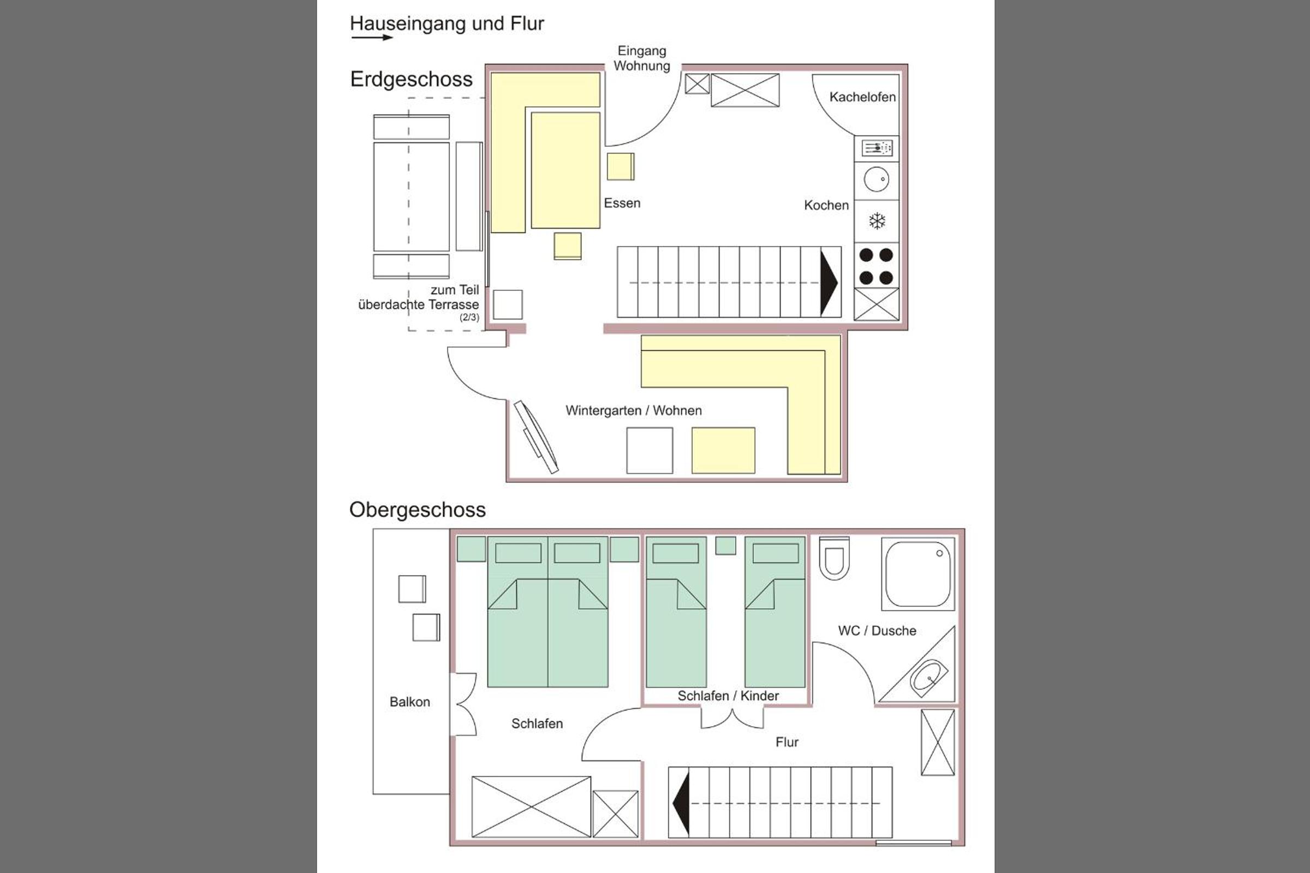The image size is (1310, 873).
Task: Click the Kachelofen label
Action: pyautogui.click(x=862, y=97)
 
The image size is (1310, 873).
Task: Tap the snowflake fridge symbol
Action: pyautogui.click(x=877, y=221)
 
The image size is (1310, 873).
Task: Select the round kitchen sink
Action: pyautogui.click(x=877, y=180)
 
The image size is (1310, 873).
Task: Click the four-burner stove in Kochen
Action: pyautogui.click(x=877, y=266)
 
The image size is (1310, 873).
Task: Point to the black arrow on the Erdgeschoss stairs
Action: pyautogui.click(x=829, y=283)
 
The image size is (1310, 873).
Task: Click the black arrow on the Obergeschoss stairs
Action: pyautogui.click(x=681, y=803)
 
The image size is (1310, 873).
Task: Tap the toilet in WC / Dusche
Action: pyautogui.click(x=835, y=558)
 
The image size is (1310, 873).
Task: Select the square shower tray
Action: pyautogui.click(x=918, y=573)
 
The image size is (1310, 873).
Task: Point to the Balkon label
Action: pyautogui.click(x=410, y=702)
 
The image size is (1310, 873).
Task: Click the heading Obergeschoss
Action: pyautogui.click(x=417, y=510)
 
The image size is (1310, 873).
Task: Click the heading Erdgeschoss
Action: pyautogui.click(x=411, y=79)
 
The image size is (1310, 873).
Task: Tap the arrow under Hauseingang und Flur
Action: pyautogui.click(x=372, y=37)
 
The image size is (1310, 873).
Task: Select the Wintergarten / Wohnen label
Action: pyautogui.click(x=634, y=410)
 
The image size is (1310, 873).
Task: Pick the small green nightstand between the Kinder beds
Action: pyautogui.click(x=725, y=546)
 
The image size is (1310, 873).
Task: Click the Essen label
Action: pyautogui.click(x=622, y=203)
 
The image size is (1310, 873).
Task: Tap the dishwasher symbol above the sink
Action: pyautogui.click(x=877, y=148)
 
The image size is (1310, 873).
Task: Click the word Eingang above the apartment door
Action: pyautogui.click(x=642, y=51)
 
